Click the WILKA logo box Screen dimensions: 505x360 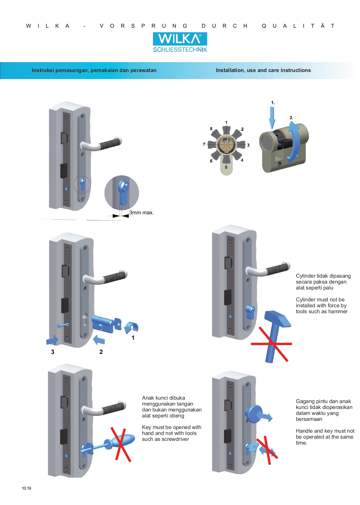(180, 39)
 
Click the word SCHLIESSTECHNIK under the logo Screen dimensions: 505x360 (180, 50)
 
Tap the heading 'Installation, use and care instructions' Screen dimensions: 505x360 (263, 70)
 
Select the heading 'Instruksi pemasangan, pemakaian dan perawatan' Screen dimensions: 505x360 (94, 70)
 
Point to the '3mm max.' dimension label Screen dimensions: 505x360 (141, 213)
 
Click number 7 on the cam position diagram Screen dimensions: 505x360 (204, 144)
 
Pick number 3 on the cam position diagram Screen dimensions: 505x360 (248, 145)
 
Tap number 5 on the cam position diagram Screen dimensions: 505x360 (226, 167)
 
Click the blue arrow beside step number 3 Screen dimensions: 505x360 (52, 340)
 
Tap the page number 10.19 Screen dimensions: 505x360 (27, 488)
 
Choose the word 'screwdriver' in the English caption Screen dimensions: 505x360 (175, 439)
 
